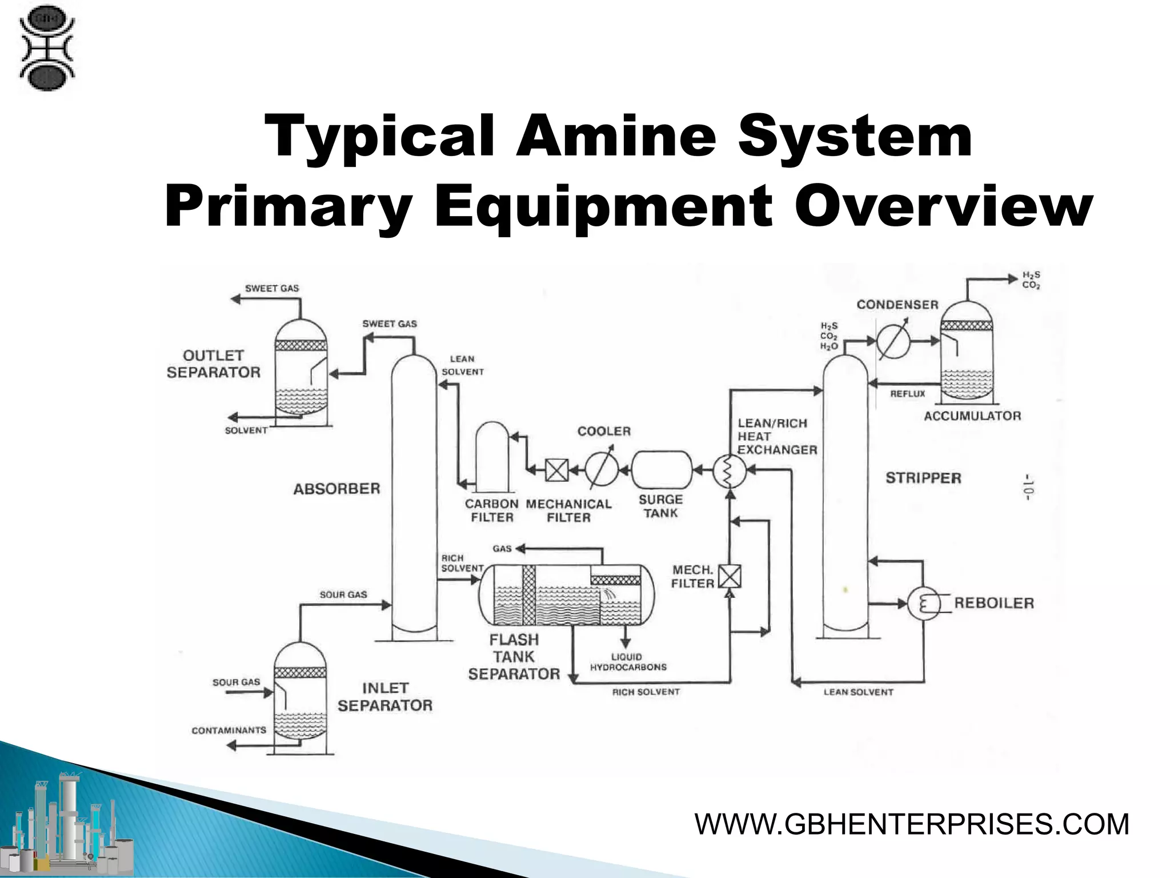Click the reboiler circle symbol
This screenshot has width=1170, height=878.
[x=924, y=603]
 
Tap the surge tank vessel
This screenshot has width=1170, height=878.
[x=662, y=470]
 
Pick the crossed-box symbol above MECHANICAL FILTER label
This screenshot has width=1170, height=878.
[x=556, y=471]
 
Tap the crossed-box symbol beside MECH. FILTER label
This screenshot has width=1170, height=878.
[x=730, y=576]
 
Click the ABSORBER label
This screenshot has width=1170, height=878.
[x=336, y=489]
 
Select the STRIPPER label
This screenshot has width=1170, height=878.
[x=923, y=478]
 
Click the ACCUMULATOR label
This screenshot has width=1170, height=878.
[x=972, y=416]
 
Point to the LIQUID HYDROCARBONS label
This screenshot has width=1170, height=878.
[x=628, y=662]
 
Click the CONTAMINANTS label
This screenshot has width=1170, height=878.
[x=229, y=730]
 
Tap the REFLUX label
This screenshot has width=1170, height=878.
[x=907, y=394]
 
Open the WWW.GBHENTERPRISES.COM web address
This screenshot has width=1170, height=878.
[x=912, y=824]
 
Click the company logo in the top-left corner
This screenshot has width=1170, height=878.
[x=47, y=50]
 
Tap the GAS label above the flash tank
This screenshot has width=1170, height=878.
[x=502, y=549]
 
